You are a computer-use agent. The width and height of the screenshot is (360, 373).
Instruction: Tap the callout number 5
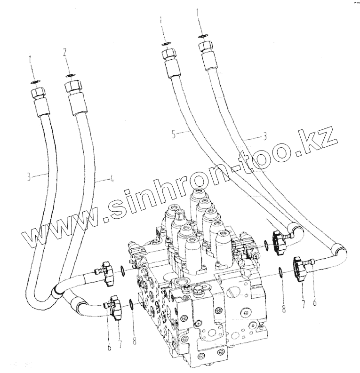[173, 135]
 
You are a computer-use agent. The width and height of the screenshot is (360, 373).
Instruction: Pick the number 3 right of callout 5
[265, 137]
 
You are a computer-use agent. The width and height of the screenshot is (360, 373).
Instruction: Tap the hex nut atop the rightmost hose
[206, 48]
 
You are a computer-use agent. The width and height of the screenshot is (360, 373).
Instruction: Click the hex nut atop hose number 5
[168, 55]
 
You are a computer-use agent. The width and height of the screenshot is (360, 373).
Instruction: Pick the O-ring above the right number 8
[280, 272]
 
